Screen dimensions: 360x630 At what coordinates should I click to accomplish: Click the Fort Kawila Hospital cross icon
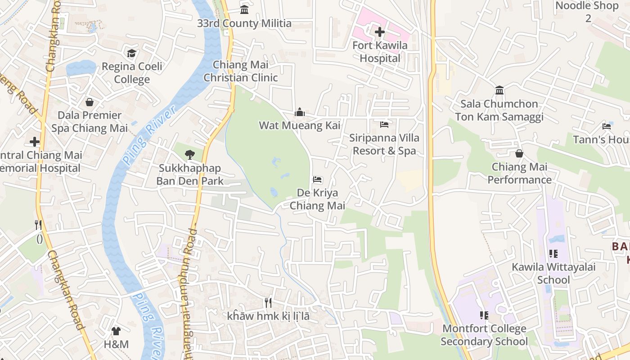coord(380,32)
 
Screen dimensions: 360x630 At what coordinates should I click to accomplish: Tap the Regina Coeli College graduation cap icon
coord(131,54)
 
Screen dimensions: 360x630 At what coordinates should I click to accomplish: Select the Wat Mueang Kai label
coord(300,125)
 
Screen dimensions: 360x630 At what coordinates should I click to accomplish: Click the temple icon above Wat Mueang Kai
coord(300,112)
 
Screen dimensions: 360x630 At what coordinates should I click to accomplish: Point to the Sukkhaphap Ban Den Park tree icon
coord(190,155)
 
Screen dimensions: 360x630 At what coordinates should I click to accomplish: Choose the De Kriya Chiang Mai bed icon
coord(317,180)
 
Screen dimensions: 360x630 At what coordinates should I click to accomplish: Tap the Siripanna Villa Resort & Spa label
coord(384,144)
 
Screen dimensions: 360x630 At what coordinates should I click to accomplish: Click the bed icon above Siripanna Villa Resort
coord(384,124)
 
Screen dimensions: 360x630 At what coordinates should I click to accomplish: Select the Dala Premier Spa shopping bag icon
coord(90,102)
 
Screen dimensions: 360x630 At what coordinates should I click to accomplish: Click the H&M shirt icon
coord(116,331)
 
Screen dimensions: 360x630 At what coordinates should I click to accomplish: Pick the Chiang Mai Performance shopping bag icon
coord(519,153)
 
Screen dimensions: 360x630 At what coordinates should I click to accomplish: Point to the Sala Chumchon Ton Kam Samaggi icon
coord(499,90)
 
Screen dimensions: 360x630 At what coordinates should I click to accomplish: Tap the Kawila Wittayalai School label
coord(553,273)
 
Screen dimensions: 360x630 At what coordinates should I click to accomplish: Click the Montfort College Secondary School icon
coord(484,315)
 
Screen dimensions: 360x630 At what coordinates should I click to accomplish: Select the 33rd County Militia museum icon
coord(244,10)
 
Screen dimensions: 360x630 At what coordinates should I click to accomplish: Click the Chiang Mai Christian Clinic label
coord(240,71)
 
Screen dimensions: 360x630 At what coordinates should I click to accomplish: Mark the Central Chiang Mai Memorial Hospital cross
coord(35,142)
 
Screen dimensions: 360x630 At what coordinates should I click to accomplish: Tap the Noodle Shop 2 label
coord(587,12)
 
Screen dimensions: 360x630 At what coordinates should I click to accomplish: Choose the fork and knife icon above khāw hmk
coord(268,302)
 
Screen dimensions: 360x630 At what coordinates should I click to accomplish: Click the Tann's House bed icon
coord(607,126)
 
